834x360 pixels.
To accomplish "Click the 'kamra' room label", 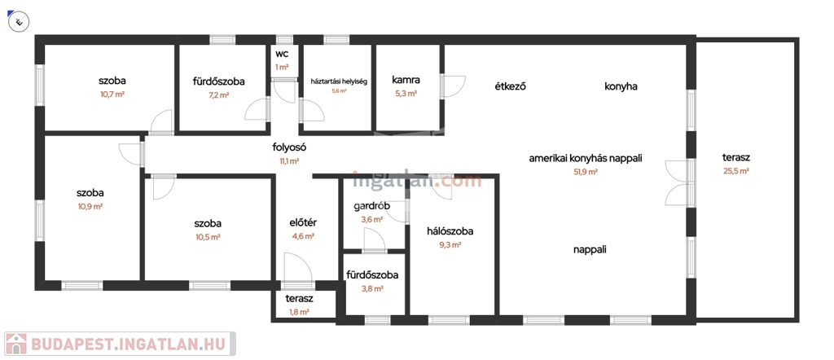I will coord(406,80).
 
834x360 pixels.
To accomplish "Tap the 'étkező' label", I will coord(510,86).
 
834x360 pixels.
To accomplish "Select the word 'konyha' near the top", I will coord(621,86).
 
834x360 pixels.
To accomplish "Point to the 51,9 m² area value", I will coord(586,172).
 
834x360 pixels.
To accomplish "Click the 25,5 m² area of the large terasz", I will coord(735,171).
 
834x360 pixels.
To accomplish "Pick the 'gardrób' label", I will coord(371,206).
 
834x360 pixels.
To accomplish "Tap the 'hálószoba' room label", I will coord(450,231).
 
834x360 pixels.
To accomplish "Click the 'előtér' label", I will coord(302,222).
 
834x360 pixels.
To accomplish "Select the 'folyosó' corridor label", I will coord(289,147).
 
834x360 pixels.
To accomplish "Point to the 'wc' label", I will coord(282,55).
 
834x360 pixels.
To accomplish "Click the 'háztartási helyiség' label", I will coord(339,81).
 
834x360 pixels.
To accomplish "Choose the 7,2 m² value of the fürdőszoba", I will coord(218,94).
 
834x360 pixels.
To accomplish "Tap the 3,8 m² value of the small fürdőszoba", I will coord(372,288).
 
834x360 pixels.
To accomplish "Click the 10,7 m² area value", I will coord(112,94).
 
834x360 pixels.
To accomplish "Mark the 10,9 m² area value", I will coord(90,206).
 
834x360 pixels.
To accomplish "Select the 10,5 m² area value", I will coord(208,236).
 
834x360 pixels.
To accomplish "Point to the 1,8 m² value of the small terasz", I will coord(299,311).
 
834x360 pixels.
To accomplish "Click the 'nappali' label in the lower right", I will coord(590,250).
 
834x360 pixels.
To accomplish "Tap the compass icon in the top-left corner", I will coord(18,20).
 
